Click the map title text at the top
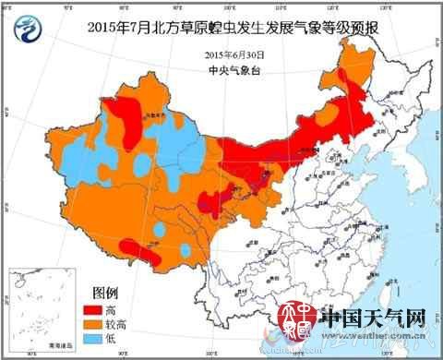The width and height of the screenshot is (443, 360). tap(233, 27)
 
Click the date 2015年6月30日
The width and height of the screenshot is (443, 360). tap(233, 54)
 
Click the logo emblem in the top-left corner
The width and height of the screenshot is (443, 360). tap(31, 30)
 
